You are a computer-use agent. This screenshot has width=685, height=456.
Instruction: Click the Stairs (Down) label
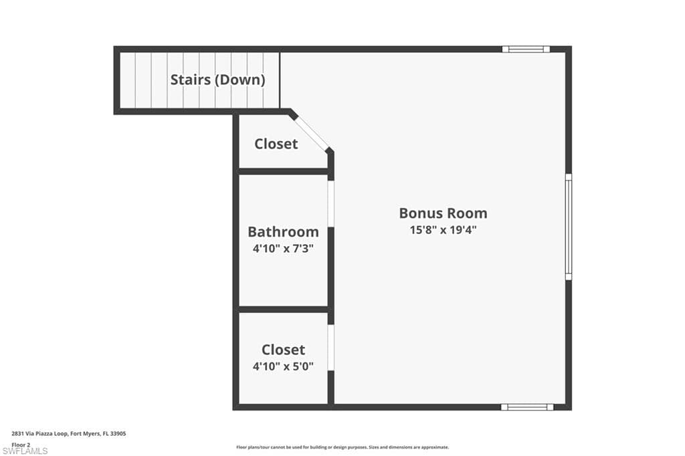217,80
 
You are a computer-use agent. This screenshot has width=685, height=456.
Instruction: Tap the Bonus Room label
443,213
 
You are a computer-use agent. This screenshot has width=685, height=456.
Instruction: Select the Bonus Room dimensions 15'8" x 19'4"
443,230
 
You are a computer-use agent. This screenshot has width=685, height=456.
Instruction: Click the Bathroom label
283,231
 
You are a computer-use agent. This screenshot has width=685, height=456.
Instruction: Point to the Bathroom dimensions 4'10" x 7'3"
283,249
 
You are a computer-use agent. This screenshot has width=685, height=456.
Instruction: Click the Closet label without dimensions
276,144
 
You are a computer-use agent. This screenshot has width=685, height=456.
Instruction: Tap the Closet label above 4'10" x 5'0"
283,350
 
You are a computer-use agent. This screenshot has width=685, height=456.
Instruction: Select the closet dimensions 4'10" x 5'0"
283,366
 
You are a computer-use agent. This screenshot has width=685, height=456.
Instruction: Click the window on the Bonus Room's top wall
526,49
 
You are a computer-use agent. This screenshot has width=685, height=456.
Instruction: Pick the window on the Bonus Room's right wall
569,227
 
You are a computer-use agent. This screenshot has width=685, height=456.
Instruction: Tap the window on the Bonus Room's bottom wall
527,407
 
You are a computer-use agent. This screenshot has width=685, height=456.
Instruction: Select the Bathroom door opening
331,204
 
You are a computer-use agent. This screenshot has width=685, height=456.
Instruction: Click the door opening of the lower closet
331,348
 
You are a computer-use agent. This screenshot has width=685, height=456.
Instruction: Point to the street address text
69,434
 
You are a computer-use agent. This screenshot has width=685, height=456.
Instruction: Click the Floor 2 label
21,445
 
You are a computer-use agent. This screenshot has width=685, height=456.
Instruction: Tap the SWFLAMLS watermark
25,451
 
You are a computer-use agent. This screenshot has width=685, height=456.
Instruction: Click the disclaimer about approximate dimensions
342,447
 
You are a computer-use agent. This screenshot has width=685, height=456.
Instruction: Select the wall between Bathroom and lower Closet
283,310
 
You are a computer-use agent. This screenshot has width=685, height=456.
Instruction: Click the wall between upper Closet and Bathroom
283,171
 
